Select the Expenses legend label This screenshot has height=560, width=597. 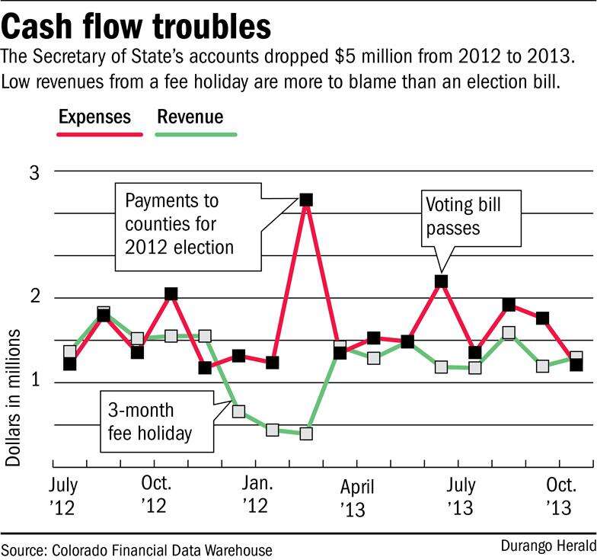click(94, 117)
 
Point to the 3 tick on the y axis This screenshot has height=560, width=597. click(34, 172)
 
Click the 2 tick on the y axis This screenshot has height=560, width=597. click(34, 297)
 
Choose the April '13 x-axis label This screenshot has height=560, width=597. click(356, 497)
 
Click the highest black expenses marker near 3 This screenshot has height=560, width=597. click(306, 200)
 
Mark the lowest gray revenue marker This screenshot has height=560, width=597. click(306, 434)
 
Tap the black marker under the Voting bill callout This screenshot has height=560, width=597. click(441, 281)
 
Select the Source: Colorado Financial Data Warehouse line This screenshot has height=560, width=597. click(136, 549)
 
